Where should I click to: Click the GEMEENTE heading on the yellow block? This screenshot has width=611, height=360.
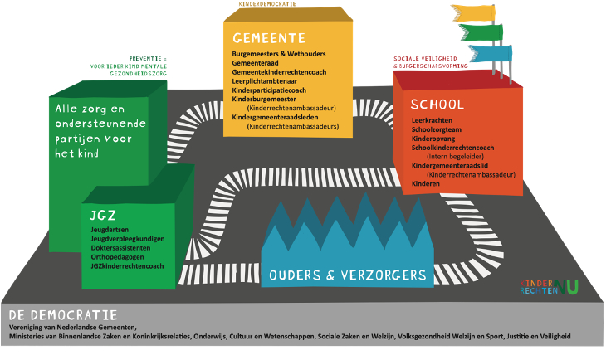pyautogui.click(x=269, y=39)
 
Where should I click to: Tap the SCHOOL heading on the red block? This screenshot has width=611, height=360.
pyautogui.click(x=437, y=105)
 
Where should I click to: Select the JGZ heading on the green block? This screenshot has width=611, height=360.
pyautogui.click(x=103, y=215)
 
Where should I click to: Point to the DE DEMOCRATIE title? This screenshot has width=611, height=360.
pyautogui.click(x=62, y=315)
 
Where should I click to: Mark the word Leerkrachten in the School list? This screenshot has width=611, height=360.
pyautogui.click(x=432, y=121)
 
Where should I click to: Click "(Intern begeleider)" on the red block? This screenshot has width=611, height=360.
pyautogui.click(x=456, y=156)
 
